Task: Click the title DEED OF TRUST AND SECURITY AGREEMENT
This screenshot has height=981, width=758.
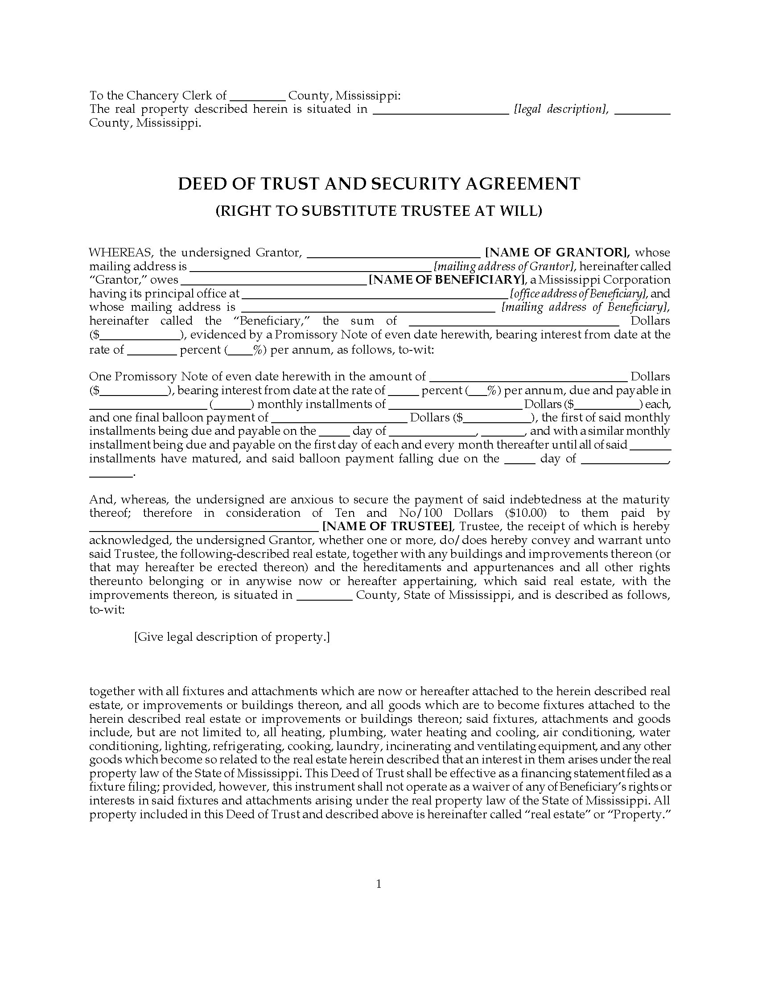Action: click(x=379, y=184)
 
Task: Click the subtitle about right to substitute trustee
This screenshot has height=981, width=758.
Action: click(x=379, y=210)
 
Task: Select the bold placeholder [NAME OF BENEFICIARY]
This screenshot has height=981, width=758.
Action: click(x=447, y=280)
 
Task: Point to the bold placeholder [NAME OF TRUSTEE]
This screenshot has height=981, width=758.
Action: click(x=388, y=527)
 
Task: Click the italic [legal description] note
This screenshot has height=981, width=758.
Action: click(x=561, y=109)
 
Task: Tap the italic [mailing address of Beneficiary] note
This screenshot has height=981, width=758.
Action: click(x=585, y=307)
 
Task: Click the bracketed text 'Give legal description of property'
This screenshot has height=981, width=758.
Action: click(x=232, y=636)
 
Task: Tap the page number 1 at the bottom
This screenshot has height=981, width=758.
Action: click(x=379, y=884)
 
